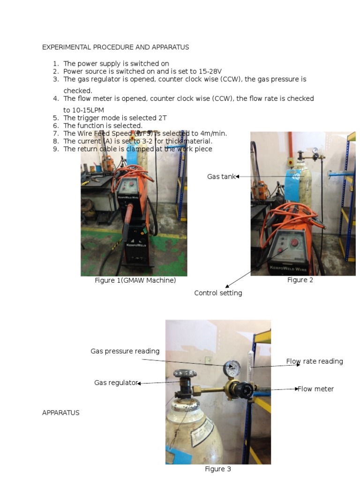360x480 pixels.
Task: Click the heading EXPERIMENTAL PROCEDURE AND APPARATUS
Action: coord(115,47)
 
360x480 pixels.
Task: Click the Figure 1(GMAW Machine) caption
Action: coord(135,281)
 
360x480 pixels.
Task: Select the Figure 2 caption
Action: coord(300,280)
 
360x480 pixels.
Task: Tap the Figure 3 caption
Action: coord(218,469)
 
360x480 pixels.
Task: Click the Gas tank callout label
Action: coord(221,177)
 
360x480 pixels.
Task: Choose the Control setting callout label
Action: coord(218,293)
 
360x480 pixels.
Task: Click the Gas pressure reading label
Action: coord(125,351)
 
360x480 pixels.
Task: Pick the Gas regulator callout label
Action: coord(116,383)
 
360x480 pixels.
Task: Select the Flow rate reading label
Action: coord(315,361)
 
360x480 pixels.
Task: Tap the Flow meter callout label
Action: coord(316,389)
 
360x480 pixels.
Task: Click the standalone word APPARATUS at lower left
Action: coord(61,413)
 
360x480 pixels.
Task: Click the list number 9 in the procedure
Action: coord(56,149)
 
